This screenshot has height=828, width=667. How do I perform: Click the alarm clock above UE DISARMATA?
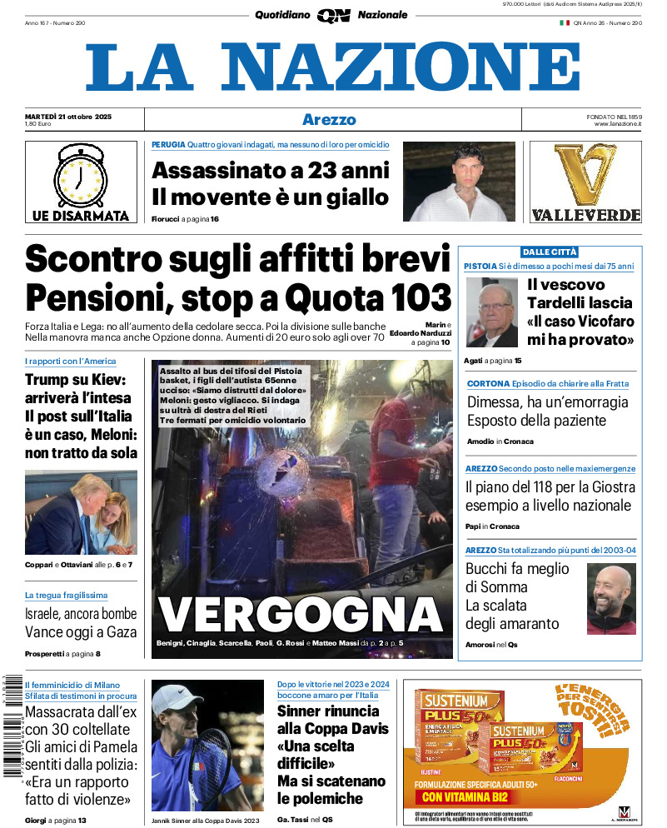click(80, 176)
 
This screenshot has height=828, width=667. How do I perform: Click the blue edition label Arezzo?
click(329, 119)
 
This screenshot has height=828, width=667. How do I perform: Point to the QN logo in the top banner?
click(333, 15)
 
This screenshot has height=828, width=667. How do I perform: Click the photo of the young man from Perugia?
click(460, 182)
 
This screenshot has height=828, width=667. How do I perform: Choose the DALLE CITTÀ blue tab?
click(549, 252)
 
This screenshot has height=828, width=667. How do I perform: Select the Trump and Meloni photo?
click(81, 512)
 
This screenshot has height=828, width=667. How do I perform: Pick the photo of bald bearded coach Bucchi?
click(611, 600)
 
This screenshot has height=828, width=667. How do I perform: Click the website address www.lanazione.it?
click(618, 124)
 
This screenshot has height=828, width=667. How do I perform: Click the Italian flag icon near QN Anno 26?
click(564, 22)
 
